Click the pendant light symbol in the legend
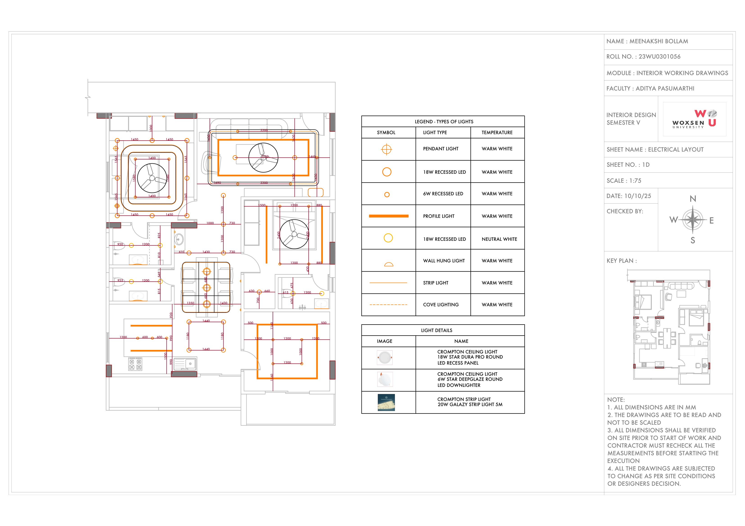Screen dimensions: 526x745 pyautogui.click(x=386, y=149)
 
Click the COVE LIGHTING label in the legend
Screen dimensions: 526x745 pyautogui.click(x=441, y=305)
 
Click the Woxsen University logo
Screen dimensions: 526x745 pyautogui.click(x=694, y=119)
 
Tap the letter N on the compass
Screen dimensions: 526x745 pyautogui.click(x=693, y=199)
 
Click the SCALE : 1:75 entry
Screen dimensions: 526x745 pyautogui.click(x=624, y=181)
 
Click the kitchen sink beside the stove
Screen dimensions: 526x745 pyautogui.click(x=185, y=364)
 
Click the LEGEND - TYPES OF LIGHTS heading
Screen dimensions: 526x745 pyautogui.click(x=444, y=121)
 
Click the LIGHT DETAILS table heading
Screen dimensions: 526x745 pyautogui.click(x=436, y=330)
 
